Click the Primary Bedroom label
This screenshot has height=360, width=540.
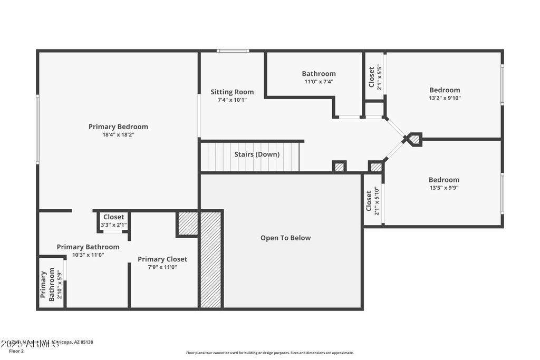118,127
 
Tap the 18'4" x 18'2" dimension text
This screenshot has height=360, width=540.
118,135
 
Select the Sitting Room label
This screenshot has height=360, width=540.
232,92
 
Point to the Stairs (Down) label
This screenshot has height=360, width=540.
257,154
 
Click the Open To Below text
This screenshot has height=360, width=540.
285,238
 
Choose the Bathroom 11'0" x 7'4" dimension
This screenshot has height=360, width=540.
319,82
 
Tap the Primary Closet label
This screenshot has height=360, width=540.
162,259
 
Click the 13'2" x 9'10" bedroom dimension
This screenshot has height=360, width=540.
445,98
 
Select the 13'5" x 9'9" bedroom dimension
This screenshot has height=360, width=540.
443,188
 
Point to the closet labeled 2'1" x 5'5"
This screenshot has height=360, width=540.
375,76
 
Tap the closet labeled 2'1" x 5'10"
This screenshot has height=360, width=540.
372,201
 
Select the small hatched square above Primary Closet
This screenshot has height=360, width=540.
187,223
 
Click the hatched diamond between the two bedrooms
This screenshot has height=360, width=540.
414,139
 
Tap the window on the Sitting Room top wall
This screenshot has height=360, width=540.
233,51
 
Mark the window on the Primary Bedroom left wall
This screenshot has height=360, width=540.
37,129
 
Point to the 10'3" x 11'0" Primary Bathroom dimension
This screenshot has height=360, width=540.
88,255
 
